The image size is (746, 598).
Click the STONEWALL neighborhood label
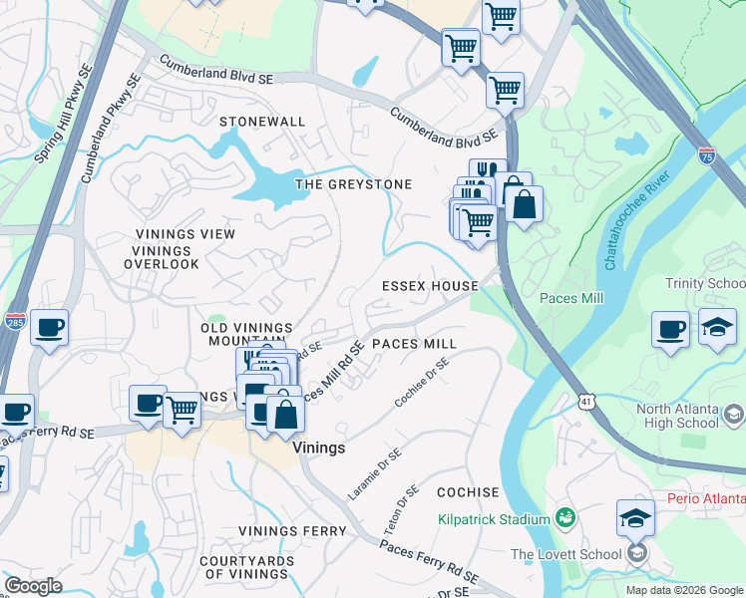(x=262, y=122)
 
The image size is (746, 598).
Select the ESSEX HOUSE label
(x=430, y=286)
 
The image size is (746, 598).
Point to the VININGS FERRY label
(x=293, y=531)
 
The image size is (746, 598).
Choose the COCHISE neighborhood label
(x=468, y=492)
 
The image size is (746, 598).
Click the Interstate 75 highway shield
(x=706, y=154)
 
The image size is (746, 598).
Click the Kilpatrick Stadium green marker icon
(x=566, y=518)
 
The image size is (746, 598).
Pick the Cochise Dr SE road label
(x=422, y=383)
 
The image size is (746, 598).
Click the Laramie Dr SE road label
(x=375, y=473)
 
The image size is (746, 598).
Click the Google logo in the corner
(x=33, y=585)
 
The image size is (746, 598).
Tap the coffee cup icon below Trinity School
(x=670, y=329)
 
